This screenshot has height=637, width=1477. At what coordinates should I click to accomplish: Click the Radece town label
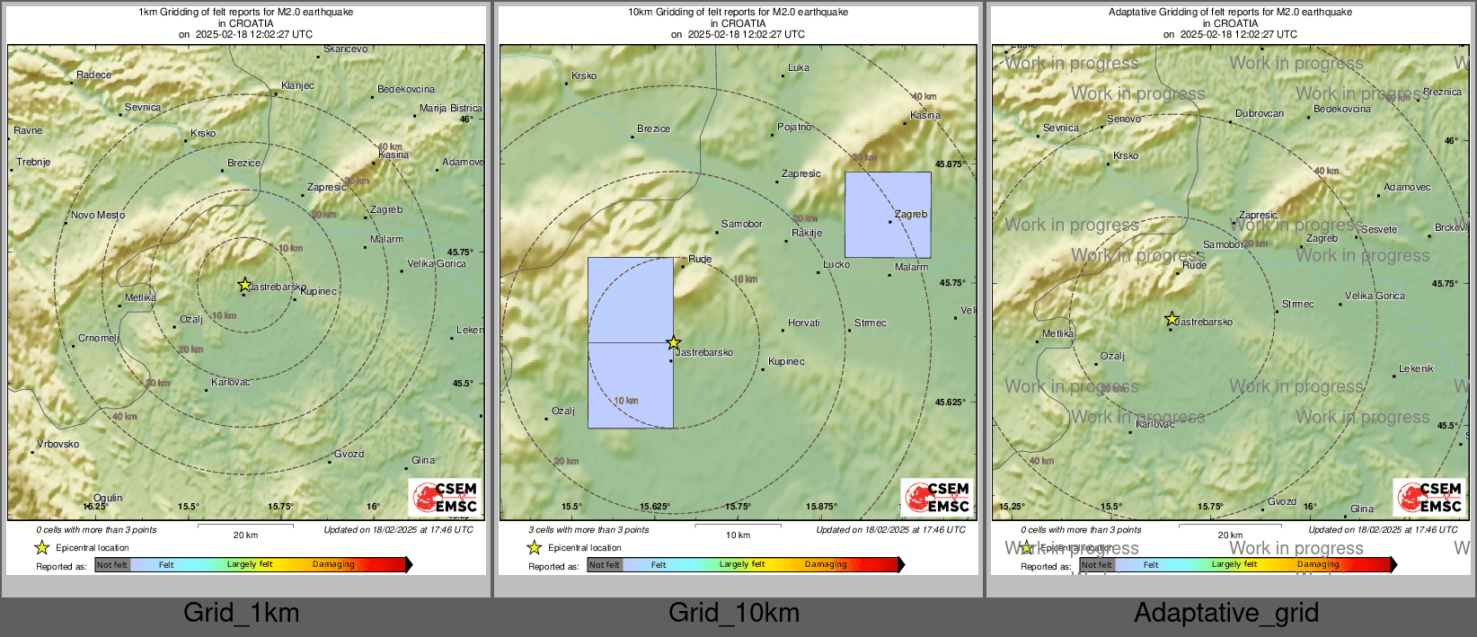tap(93, 75)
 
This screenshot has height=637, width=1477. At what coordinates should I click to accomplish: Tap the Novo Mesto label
tap(98, 216)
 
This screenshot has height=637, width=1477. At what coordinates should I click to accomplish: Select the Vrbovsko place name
tap(57, 444)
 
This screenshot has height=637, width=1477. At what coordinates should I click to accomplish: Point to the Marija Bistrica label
tap(450, 109)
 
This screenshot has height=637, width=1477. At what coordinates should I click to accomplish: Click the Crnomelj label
tap(99, 339)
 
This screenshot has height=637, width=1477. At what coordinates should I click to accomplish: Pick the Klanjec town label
tap(297, 86)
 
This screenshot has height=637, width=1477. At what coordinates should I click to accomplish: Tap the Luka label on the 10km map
tap(798, 68)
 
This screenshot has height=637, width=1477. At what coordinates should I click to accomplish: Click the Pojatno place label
tap(794, 128)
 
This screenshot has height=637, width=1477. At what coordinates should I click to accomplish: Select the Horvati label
tap(803, 323)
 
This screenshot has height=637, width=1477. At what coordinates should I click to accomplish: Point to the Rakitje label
tap(807, 234)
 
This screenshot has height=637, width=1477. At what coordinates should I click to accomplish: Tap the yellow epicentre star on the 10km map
tap(673, 342)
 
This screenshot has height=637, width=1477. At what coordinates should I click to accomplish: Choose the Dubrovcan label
tap(1260, 114)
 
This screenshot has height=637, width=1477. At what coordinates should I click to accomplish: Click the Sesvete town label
tap(1379, 230)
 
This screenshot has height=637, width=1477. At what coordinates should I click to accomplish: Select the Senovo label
tap(1124, 119)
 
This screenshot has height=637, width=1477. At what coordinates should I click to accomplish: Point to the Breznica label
tap(1442, 93)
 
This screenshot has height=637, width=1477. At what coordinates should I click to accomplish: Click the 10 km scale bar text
tap(738, 535)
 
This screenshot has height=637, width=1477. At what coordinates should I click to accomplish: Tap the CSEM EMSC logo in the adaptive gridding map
tap(1428, 497)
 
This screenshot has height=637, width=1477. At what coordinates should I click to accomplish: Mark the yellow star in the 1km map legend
tap(41, 547)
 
